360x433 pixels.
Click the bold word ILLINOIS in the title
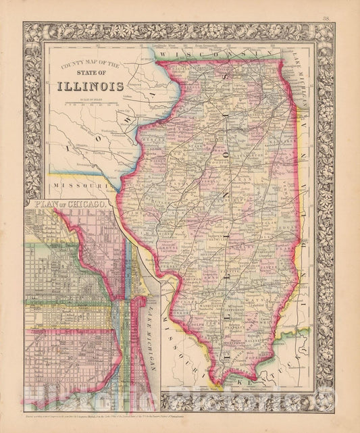coord(94,86)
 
